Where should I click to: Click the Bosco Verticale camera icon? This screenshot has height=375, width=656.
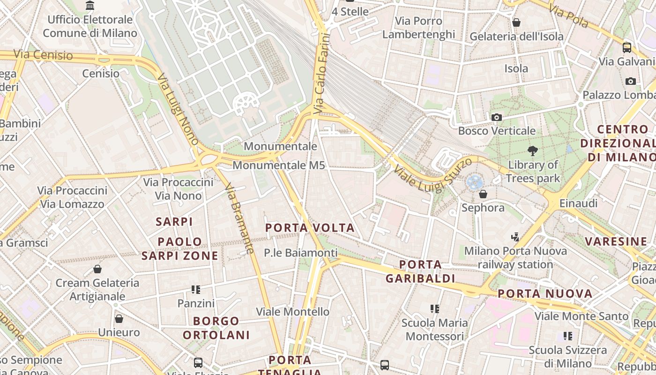497,117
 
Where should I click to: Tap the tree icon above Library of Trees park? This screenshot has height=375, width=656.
532,151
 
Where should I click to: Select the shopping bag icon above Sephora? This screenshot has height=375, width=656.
483,194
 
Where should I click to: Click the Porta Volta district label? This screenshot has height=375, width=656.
310,228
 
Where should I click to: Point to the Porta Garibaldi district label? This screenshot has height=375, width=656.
420,271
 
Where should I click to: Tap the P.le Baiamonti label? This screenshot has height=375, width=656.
300,253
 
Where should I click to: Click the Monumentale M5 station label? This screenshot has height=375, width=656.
279,165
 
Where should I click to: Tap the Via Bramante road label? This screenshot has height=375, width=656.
239,218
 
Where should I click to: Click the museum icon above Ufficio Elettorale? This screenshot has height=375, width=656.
90,6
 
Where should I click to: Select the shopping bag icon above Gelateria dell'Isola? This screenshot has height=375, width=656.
516,22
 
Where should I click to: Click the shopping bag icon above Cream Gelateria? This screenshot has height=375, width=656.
97,269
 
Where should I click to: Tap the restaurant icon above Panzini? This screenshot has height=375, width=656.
196,290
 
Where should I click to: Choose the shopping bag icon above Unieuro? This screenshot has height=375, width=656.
119,319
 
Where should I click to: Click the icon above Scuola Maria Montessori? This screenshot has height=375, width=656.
435,309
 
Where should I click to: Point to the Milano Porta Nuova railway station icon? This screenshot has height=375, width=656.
515,237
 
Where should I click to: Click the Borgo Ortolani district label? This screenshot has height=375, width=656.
216,328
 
